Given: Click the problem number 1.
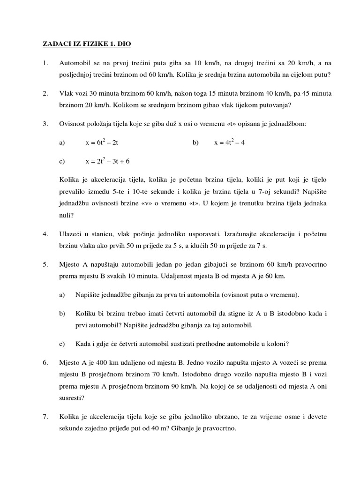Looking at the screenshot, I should coord(45,63).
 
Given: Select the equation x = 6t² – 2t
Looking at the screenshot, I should coord(105,142).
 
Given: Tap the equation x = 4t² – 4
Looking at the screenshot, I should coord(229,142).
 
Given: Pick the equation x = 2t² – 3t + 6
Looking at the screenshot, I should coord(107,161).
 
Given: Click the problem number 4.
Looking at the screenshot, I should coord(45,233).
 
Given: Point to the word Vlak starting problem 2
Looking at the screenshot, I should coord(66,93).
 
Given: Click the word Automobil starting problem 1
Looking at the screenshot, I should coord(76,63).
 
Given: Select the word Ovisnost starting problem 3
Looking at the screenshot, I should coord(73,124).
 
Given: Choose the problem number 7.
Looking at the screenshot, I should coord(45,416).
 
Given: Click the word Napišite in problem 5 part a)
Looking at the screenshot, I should coord(88,294).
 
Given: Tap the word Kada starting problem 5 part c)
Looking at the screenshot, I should coord(83,344).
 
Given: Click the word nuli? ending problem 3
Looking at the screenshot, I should coord(67,215).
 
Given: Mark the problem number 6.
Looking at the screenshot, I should coord(45,362).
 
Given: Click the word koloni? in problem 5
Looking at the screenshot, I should coord(277,344).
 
